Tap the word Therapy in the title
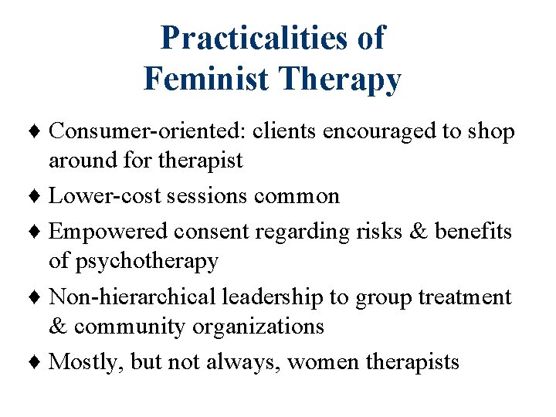[347, 80]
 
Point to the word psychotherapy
[133, 261]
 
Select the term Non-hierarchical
[132, 297]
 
